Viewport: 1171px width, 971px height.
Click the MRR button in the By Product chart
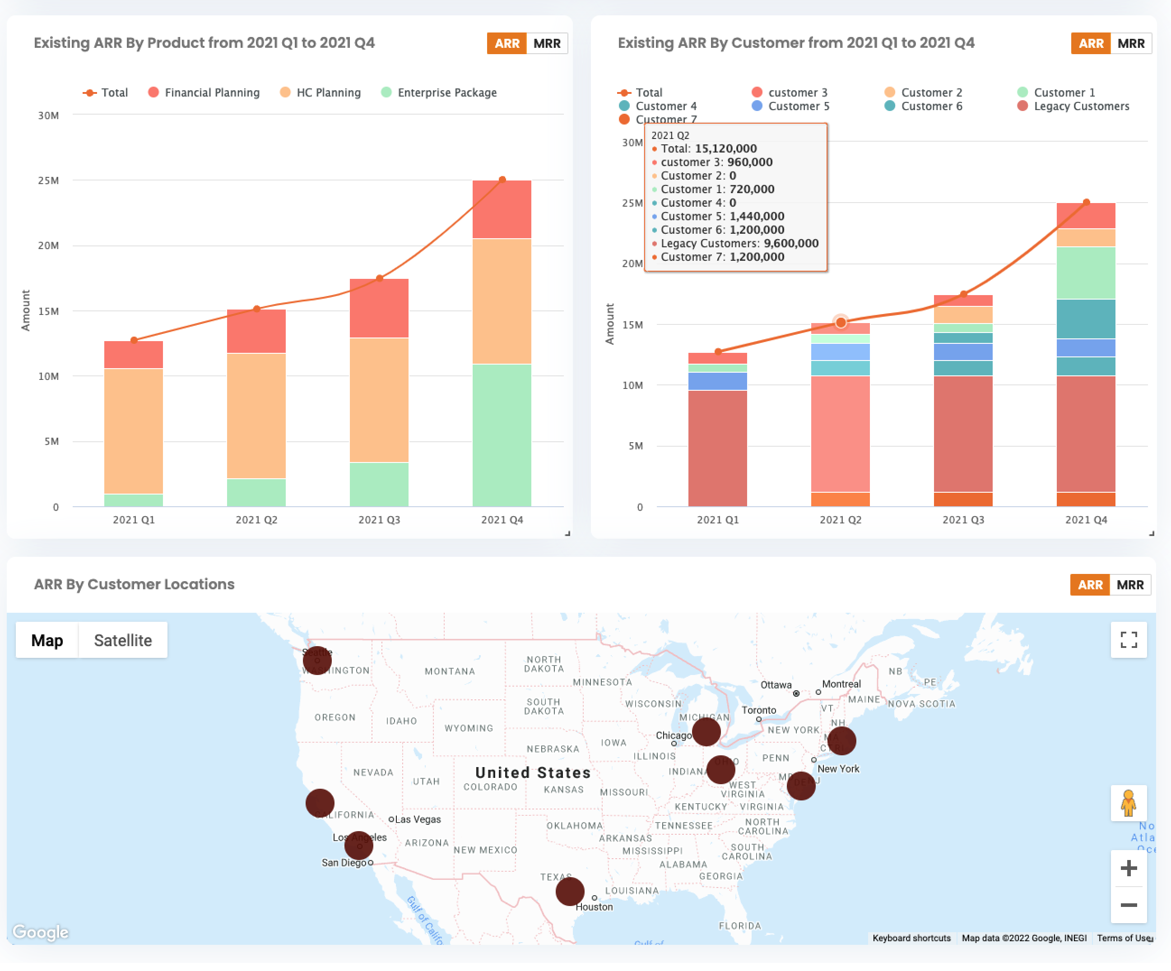tap(547, 43)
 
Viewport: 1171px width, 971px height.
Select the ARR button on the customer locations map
tap(1090, 585)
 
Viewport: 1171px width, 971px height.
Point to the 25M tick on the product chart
tap(48, 180)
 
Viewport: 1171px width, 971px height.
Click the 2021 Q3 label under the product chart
tap(379, 519)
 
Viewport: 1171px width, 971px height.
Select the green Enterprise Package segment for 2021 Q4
tap(502, 435)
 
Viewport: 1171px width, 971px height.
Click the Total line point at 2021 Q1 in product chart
tap(134, 340)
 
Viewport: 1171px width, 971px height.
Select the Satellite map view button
tap(123, 640)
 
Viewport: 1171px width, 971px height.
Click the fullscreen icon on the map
tap(1129, 640)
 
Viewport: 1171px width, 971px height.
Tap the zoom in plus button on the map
tap(1129, 868)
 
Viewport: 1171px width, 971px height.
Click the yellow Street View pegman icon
tap(1129, 803)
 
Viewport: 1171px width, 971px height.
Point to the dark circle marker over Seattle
tap(317, 661)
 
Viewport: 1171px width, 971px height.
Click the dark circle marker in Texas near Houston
tap(570, 891)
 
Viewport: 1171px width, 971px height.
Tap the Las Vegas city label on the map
tap(418, 819)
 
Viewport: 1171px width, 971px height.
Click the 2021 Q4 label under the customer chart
tap(1086, 519)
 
